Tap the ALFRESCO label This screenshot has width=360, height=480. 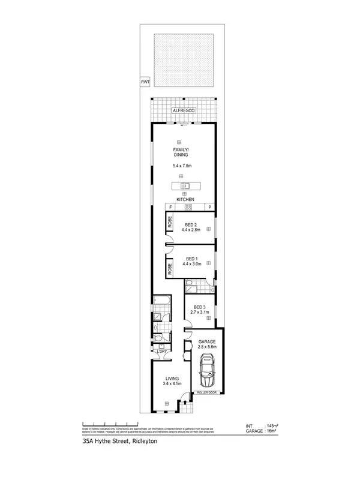[x=182, y=111]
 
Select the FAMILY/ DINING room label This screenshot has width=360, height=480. [x=182, y=153]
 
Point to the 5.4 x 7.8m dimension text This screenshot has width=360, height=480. [x=182, y=166]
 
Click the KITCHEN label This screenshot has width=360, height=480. [x=185, y=200]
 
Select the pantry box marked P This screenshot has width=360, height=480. [x=210, y=208]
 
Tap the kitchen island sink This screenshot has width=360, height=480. [x=185, y=185]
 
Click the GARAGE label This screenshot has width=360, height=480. [x=206, y=342]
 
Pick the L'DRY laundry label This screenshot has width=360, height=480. [x=161, y=352]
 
